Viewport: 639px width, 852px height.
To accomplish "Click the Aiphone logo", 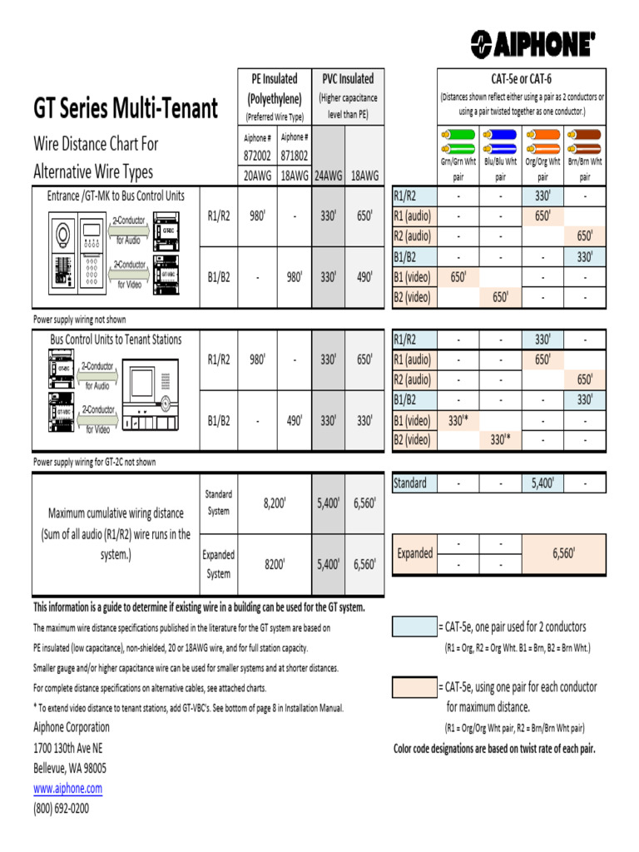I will coord(532,44).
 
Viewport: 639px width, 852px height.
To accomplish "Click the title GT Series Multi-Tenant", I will coord(126,108).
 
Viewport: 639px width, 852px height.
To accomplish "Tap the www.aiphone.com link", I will coord(67,788).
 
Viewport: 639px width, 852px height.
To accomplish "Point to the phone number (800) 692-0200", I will coord(61,808).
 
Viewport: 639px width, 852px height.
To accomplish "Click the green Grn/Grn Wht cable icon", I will coord(458,140).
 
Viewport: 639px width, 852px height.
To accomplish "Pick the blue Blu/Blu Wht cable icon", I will coord(500,140).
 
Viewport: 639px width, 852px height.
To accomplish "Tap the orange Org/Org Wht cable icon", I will coord(542,140).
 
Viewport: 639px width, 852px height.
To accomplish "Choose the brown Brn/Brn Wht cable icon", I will coord(585,140).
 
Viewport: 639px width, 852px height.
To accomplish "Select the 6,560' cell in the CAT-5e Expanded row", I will coord(563,553).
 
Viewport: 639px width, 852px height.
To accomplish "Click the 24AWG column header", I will coord(328,176).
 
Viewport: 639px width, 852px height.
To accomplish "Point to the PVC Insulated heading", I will coord(348,79).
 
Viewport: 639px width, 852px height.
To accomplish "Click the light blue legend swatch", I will coord(414,627).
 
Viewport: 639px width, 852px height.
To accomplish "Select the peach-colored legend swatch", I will coord(414,687).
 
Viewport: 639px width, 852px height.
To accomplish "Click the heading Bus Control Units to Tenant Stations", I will coord(116,339).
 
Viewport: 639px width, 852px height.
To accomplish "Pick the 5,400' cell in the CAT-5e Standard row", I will coord(542,483).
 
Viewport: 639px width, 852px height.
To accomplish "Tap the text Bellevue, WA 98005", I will coord(70,768).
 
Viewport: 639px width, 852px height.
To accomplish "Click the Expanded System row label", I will coord(219,564).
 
